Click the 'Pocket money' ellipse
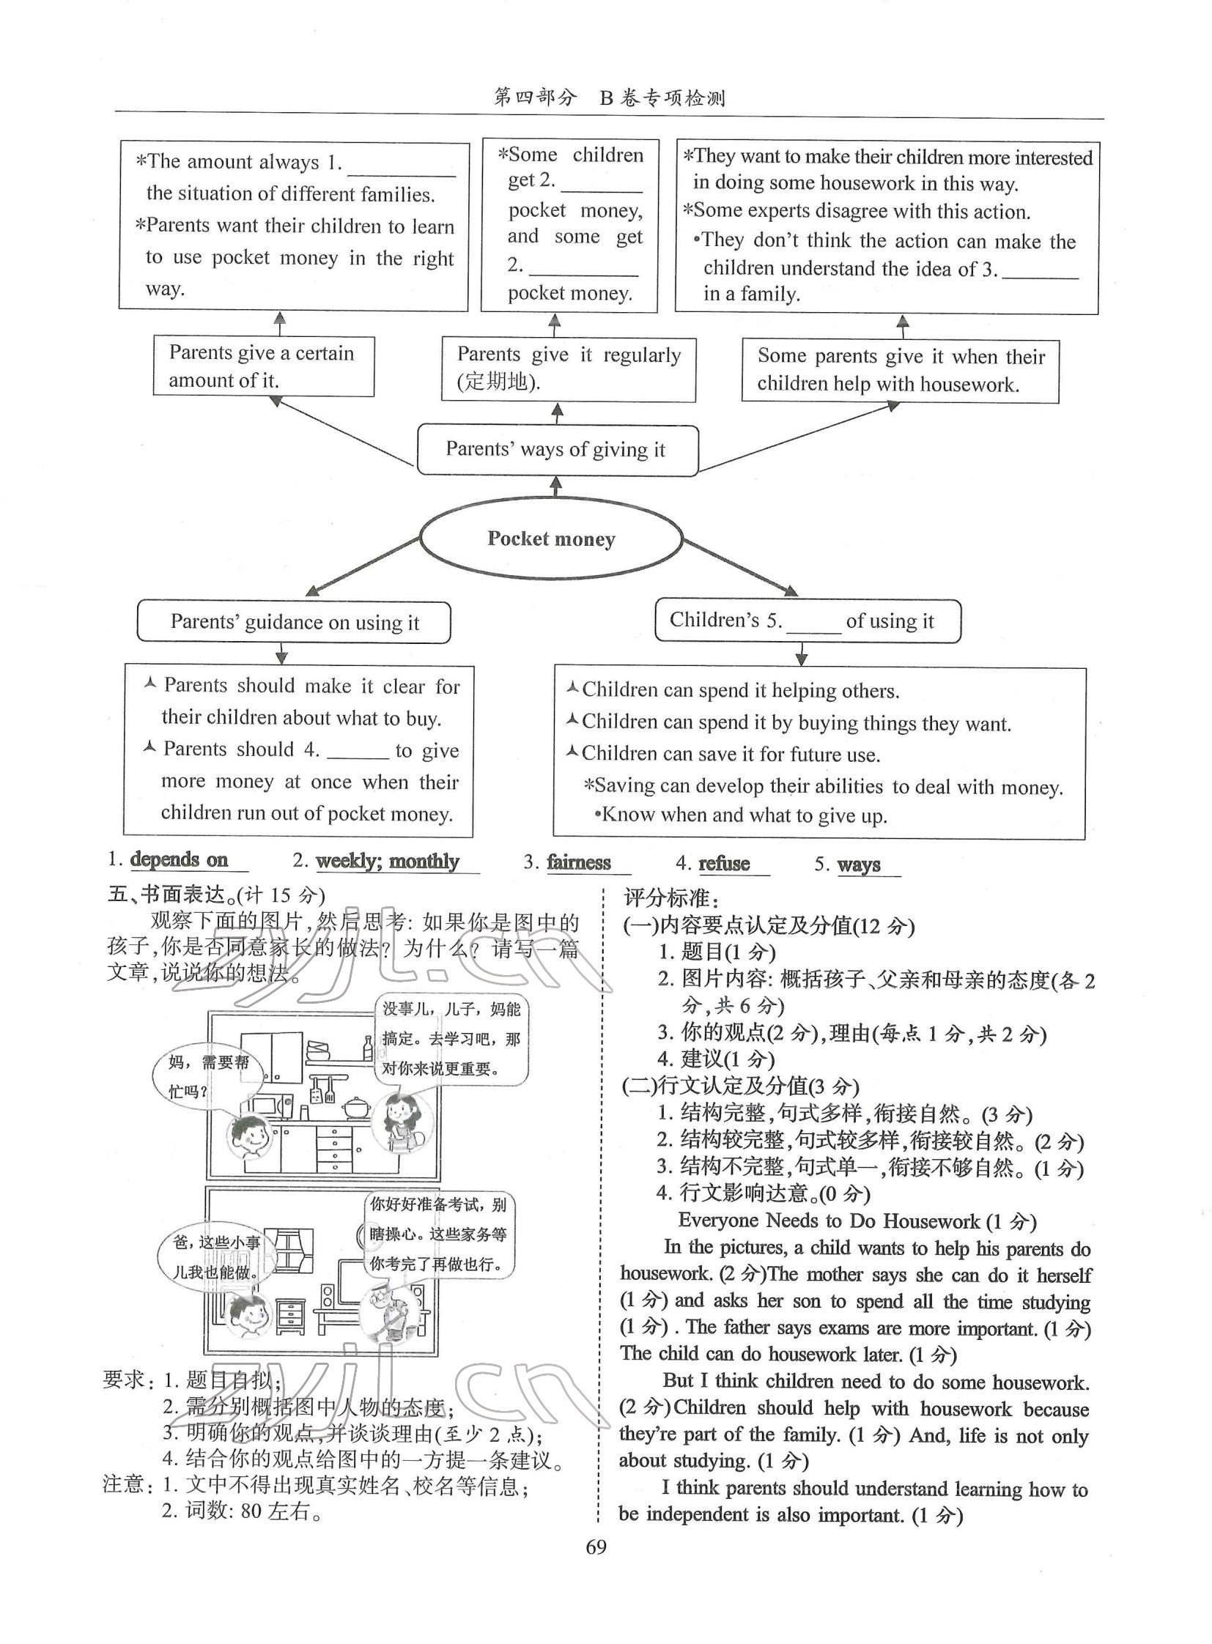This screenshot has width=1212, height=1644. point(551,539)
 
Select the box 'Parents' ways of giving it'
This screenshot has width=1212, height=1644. point(557,449)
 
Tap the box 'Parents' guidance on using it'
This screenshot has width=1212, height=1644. point(294,622)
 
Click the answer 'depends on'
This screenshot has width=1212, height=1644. point(179,859)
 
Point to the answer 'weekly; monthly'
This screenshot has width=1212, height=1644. point(388,861)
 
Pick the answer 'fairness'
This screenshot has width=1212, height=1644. point(579,862)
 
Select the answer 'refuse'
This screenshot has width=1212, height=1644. point(724,864)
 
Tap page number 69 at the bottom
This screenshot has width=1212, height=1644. point(596,1548)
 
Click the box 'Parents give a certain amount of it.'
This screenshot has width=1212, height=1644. point(263,366)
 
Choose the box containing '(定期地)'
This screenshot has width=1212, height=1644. point(568,369)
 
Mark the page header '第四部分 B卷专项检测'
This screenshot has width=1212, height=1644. point(610,97)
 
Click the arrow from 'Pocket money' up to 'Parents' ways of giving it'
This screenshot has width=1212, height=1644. point(556,486)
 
